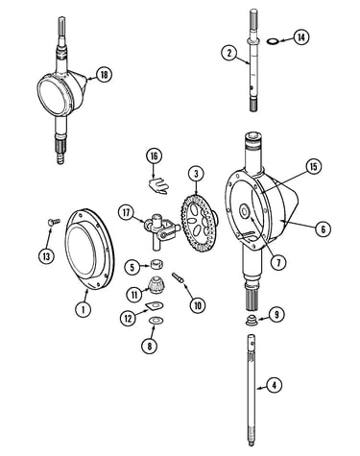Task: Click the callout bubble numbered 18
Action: click(x=104, y=75)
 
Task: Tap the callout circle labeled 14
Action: click(x=301, y=37)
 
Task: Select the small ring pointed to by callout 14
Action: click(x=273, y=41)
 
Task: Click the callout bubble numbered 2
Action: click(x=229, y=53)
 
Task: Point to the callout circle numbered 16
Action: click(x=155, y=156)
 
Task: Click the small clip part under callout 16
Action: click(x=157, y=186)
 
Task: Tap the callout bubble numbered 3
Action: click(x=196, y=174)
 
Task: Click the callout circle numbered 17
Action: click(x=127, y=213)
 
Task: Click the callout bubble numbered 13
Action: click(x=46, y=256)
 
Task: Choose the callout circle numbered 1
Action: click(x=83, y=309)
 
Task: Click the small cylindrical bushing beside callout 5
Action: click(x=156, y=265)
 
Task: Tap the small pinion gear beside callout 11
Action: click(x=156, y=284)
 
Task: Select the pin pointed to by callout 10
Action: click(x=178, y=277)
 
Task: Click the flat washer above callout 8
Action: click(x=156, y=320)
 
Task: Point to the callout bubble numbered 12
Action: click(x=128, y=318)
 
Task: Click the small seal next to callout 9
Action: click(x=252, y=321)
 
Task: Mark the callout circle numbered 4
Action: click(x=274, y=385)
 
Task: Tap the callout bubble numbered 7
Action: click(x=277, y=262)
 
